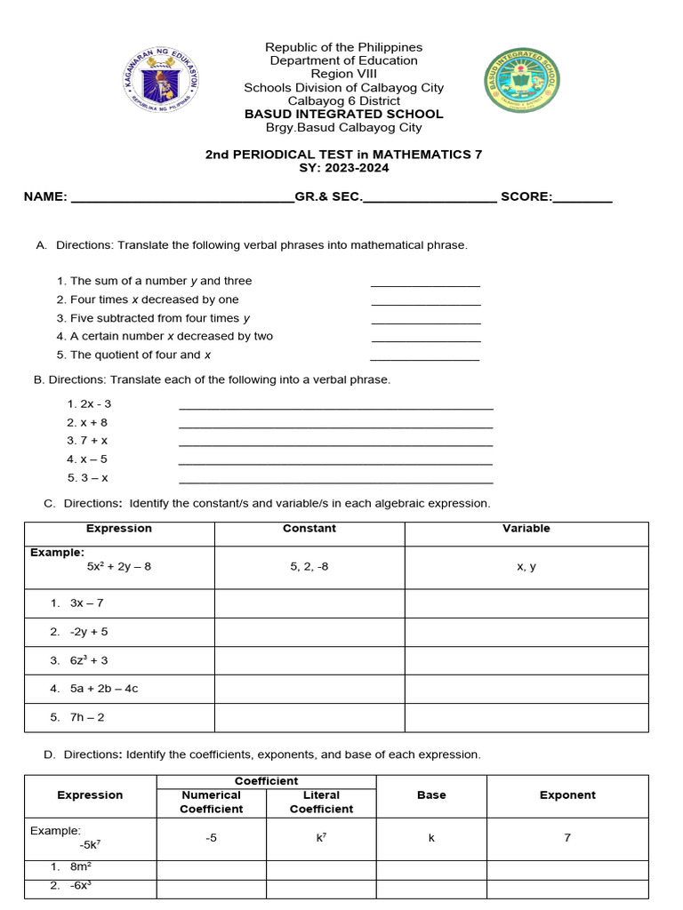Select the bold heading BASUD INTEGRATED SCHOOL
pos(343,114)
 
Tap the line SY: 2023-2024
pos(343,168)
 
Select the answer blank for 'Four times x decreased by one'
pos(425,301)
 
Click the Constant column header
pos(309,529)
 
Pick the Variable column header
pos(526,529)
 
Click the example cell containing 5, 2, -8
pos(309,566)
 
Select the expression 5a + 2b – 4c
pos(104,689)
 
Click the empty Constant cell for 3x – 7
pos(309,603)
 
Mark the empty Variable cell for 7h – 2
pos(526,717)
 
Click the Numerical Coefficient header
pos(211,802)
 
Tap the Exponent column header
pos(566,795)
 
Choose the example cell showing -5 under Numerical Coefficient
pos(211,838)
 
